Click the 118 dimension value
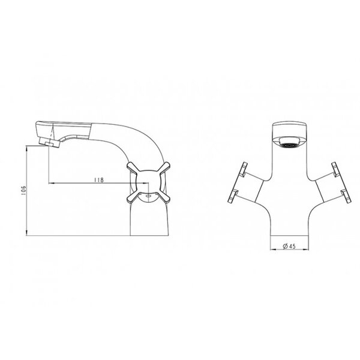pos(99,180)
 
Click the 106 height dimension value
pos(23,190)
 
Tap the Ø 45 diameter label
pos(289,247)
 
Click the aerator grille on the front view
pos(289,145)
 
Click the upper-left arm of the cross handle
pos(133,167)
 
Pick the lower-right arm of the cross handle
pos(164,197)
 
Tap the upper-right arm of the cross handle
pos(164,167)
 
